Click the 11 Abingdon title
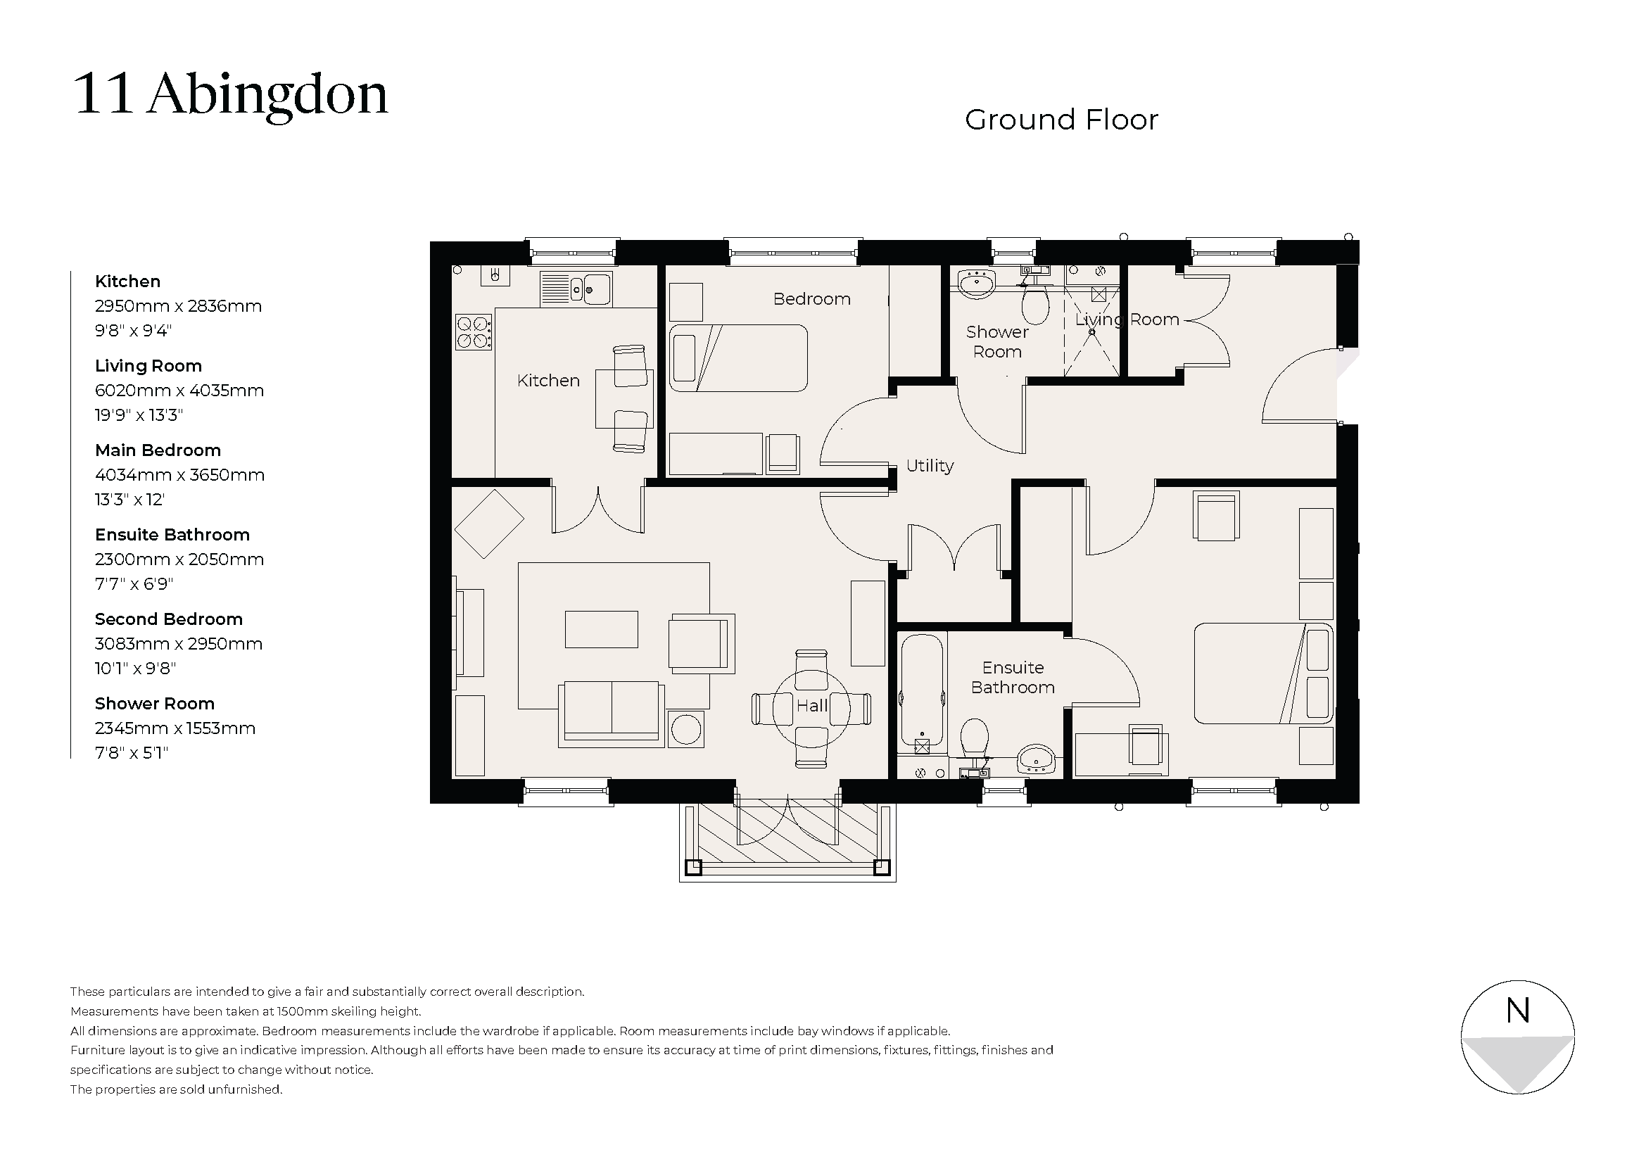[230, 94]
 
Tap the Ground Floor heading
[1061, 120]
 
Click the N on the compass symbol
[1517, 1011]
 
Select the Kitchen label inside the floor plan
[547, 381]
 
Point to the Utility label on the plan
[929, 466]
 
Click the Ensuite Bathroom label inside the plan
[1012, 677]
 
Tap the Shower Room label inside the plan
[996, 342]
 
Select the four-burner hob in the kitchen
[474, 333]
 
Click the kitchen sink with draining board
[575, 289]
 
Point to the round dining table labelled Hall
[811, 708]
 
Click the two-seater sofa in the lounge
[611, 712]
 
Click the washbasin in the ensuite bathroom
[1036, 759]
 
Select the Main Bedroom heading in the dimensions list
[158, 450]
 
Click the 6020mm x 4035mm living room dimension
[179, 391]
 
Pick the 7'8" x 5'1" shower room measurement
[131, 752]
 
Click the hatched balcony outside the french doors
[787, 835]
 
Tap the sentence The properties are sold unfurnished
[177, 1089]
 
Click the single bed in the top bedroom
[738, 358]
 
